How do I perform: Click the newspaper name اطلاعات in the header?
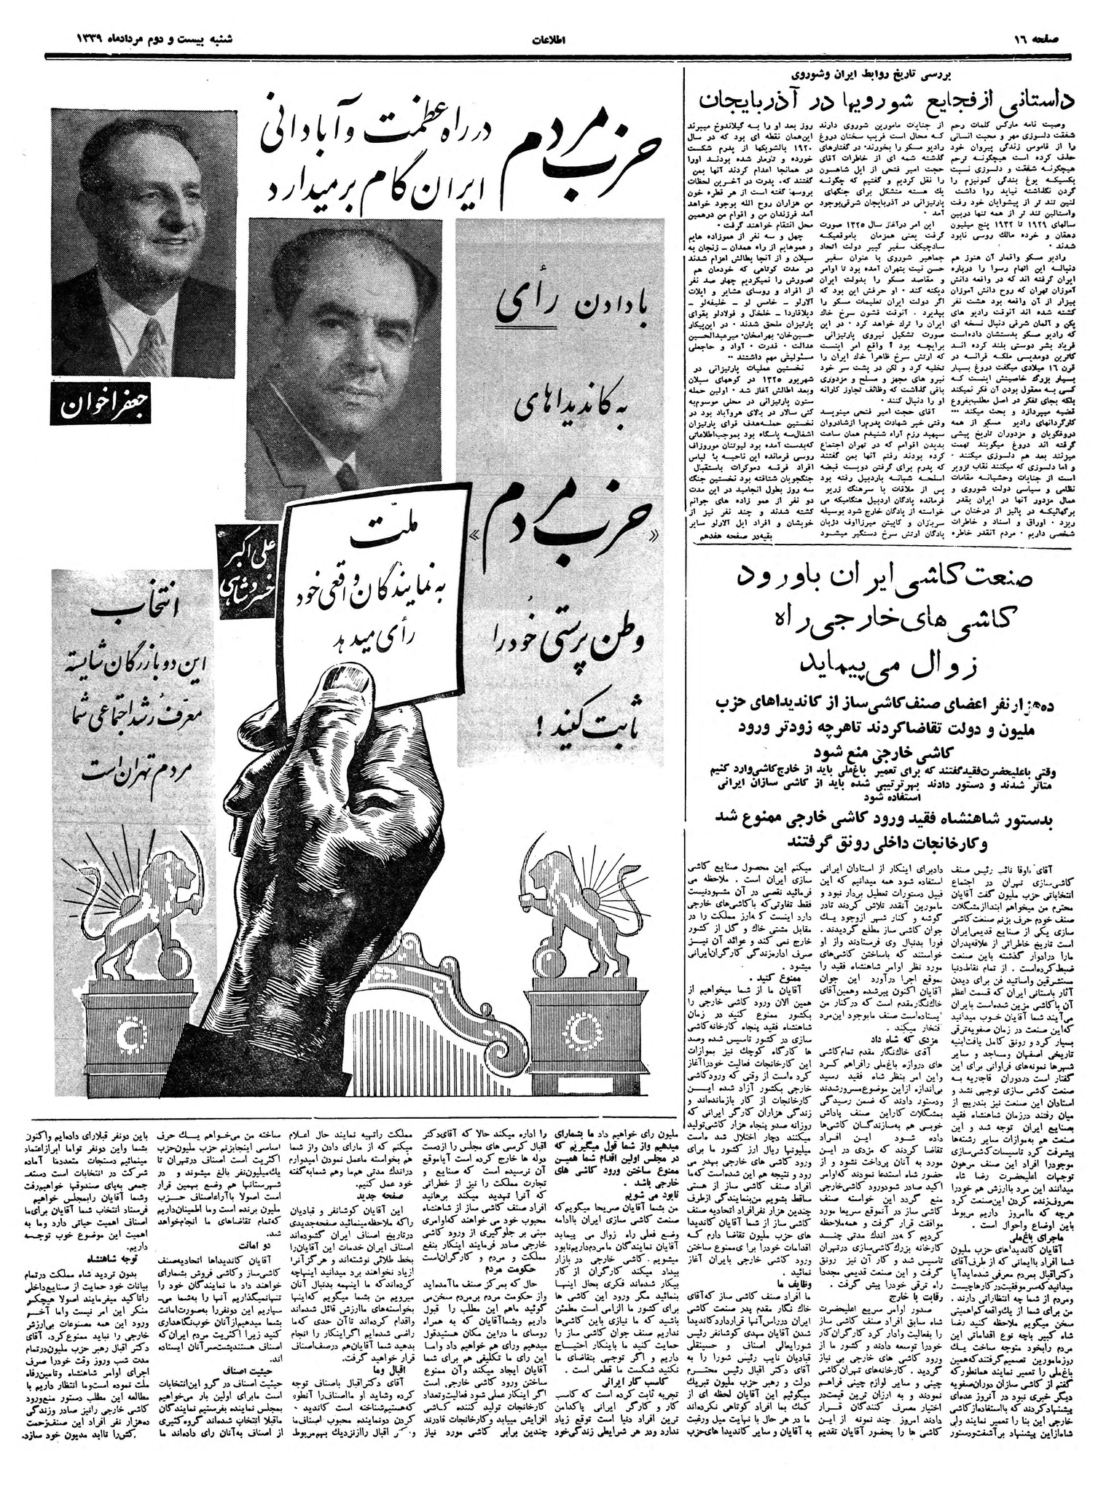553,37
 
